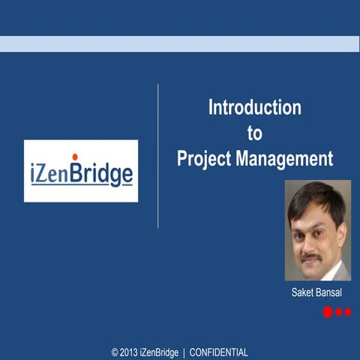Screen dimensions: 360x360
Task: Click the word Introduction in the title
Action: point(254,107)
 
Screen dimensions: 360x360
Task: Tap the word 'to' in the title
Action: point(255,133)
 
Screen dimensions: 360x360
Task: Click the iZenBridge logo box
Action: point(81,171)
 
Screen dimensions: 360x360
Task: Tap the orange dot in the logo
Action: point(75,156)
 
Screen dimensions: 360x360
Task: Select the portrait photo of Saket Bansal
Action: point(318,230)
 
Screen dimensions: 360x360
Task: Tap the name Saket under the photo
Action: point(303,292)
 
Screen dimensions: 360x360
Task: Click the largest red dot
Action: point(328,312)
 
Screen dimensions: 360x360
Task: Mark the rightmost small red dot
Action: point(347,312)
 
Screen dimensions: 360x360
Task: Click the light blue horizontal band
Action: point(180,43)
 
